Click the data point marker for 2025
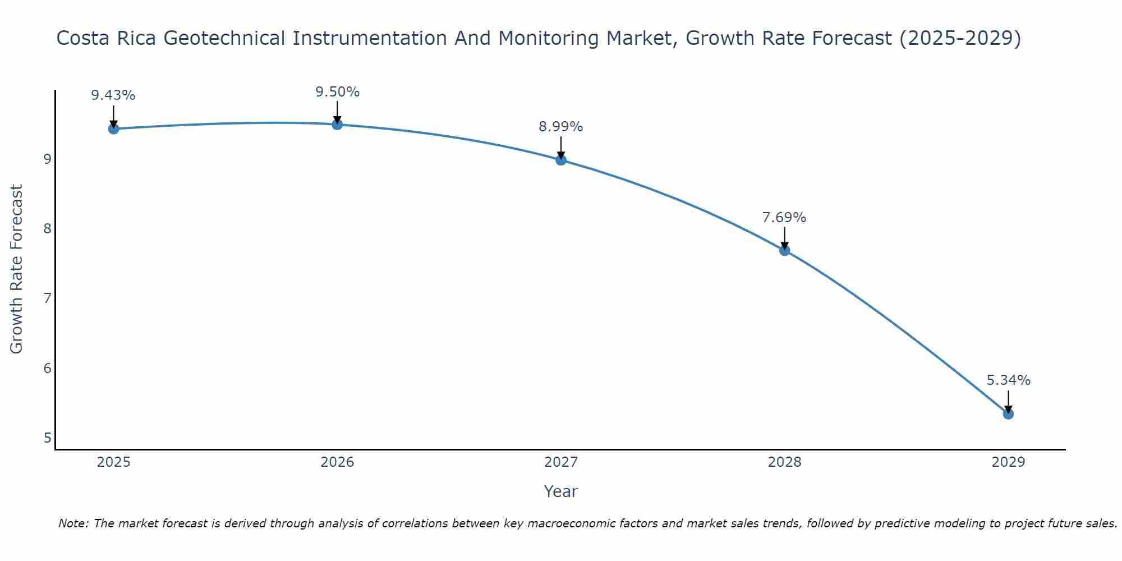113,129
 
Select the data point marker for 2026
337,125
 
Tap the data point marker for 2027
561,160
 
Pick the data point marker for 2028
784,250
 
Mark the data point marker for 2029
1008,414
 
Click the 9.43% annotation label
113,95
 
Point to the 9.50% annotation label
337,92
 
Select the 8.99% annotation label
561,127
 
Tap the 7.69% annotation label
784,218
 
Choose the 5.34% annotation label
1008,380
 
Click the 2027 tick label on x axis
561,462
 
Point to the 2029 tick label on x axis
1008,462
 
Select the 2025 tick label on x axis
113,462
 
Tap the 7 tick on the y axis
47,298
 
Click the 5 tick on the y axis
47,438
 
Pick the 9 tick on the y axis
47,159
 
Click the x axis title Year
561,491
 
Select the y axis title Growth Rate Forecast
17,269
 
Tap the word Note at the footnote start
73,523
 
